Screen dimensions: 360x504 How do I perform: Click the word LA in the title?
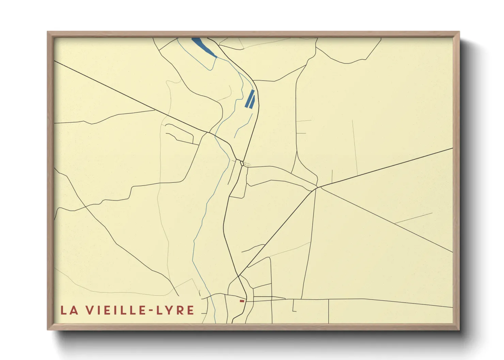pyautogui.click(x=69, y=310)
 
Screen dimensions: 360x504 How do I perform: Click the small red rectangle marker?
pyautogui.click(x=242, y=301)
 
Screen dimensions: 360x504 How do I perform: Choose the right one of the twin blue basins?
pyautogui.click(x=252, y=101)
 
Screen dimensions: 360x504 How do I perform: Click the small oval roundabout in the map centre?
pyautogui.click(x=242, y=163)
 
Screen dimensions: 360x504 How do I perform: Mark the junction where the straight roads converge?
pyautogui.click(x=317, y=187)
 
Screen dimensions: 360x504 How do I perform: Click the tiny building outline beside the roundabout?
pyautogui.click(x=247, y=165)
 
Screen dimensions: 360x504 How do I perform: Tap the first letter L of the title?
pyautogui.click(x=64, y=310)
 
